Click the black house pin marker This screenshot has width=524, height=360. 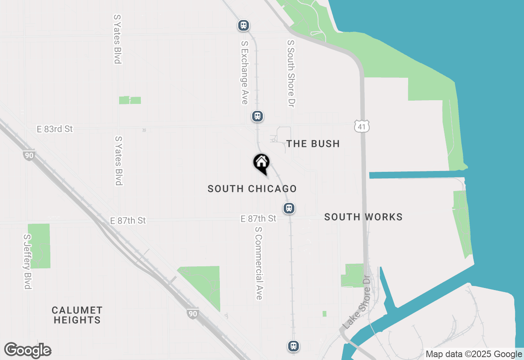pyautogui.click(x=261, y=163)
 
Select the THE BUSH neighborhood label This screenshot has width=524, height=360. pyautogui.click(x=313, y=144)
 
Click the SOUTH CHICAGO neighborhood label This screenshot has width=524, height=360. pyautogui.click(x=252, y=189)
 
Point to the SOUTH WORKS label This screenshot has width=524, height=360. pyautogui.click(x=363, y=217)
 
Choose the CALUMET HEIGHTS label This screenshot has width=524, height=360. pyautogui.click(x=77, y=315)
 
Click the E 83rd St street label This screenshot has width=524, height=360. pyautogui.click(x=54, y=129)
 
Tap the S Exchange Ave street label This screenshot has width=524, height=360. pyautogui.click(x=245, y=72)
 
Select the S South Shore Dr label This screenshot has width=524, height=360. pyautogui.click(x=291, y=74)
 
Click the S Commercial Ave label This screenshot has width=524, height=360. pyautogui.click(x=258, y=263)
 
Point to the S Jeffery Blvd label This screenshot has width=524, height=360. pyautogui.click(x=27, y=261)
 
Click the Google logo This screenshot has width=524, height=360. pyautogui.click(x=27, y=351)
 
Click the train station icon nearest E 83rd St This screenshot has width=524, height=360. pyautogui.click(x=257, y=116)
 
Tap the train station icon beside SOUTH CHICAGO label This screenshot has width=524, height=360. pyautogui.click(x=289, y=208)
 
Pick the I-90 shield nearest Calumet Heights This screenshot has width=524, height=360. pyautogui.click(x=192, y=314)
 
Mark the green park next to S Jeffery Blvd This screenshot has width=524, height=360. pyautogui.click(x=39, y=245)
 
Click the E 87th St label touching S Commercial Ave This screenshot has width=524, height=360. pyautogui.click(x=258, y=219)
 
